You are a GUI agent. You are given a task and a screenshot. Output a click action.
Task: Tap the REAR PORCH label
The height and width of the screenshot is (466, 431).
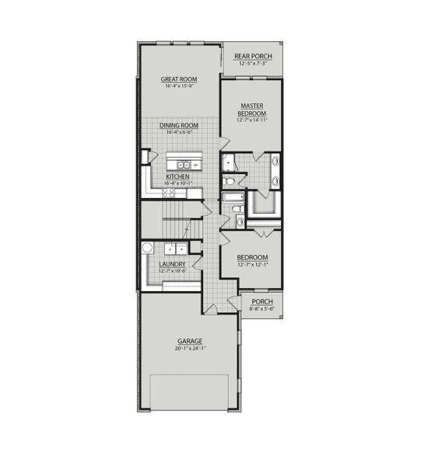click(x=253, y=57)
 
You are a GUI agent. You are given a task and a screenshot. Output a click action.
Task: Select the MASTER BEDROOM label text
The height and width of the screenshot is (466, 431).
click(x=251, y=110)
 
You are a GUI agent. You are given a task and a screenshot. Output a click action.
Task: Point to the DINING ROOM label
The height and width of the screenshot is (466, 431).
click(x=179, y=126)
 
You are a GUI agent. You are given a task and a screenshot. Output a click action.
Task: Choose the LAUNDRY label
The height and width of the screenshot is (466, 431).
click(x=172, y=264)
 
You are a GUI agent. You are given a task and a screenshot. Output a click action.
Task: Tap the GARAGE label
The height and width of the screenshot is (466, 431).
click(x=190, y=341)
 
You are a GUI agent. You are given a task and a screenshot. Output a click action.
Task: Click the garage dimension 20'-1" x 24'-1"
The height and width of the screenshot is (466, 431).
click(x=190, y=349)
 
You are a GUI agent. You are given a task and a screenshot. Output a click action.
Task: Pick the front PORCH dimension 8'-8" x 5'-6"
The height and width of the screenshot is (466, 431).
click(x=261, y=309)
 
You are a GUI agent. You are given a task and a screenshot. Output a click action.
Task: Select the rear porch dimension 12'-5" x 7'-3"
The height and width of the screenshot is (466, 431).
click(x=253, y=64)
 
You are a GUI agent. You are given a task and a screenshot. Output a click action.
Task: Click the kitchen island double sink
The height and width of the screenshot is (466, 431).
click(x=185, y=165)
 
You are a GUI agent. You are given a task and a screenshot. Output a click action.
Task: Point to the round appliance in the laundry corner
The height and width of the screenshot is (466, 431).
click(x=148, y=249)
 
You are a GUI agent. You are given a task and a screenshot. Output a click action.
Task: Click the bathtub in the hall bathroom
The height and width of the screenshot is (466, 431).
click(x=232, y=197)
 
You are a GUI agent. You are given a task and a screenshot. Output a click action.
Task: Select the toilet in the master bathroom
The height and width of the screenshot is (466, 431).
click(x=229, y=182)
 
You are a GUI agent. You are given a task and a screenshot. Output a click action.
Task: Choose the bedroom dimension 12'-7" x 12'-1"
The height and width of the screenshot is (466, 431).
click(x=252, y=265)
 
